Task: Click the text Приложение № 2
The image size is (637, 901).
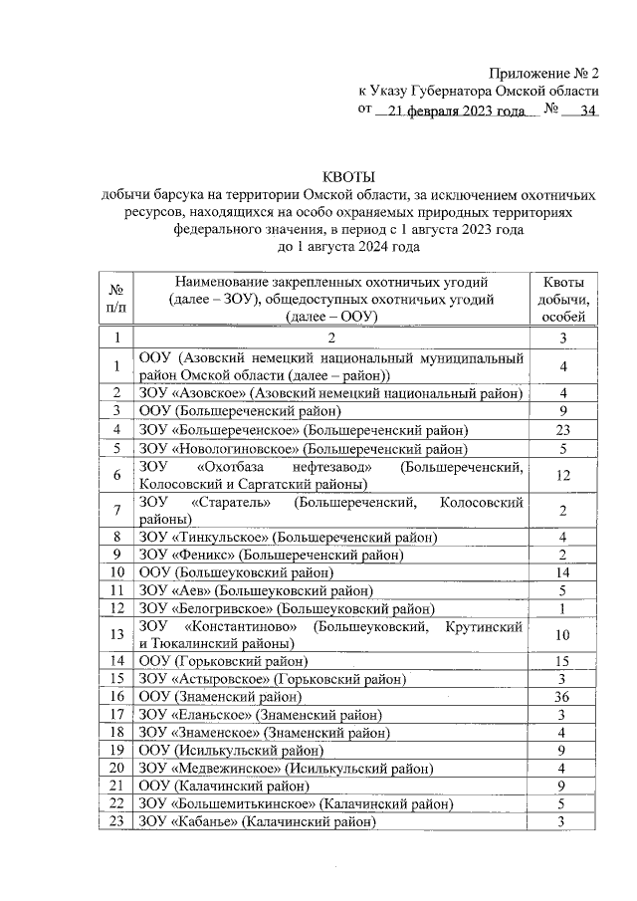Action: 543,75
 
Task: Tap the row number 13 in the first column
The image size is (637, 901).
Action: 116,634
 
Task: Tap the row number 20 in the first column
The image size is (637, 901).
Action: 116,768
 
